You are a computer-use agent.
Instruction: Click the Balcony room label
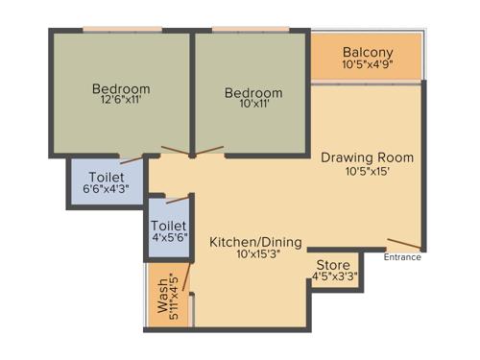pyautogui.click(x=369, y=52)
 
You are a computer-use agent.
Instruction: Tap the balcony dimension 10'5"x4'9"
pyautogui.click(x=369, y=65)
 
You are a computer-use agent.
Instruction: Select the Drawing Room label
pyautogui.click(x=354, y=157)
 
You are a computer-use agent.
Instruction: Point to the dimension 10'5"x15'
pyautogui.click(x=354, y=172)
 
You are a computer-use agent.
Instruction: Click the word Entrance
pyautogui.click(x=402, y=257)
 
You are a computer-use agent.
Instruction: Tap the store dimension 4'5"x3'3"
pyautogui.click(x=336, y=278)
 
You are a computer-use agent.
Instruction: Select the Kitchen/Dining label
pyautogui.click(x=255, y=241)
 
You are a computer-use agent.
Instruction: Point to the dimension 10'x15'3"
pyautogui.click(x=255, y=254)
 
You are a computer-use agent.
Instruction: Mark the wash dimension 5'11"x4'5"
pyautogui.click(x=175, y=299)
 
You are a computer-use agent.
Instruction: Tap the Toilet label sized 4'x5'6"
pyautogui.click(x=169, y=225)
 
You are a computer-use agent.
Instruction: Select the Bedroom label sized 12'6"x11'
pyautogui.click(x=123, y=88)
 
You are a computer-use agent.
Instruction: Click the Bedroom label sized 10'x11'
pyautogui.click(x=253, y=93)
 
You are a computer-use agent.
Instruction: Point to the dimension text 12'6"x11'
pyautogui.click(x=123, y=100)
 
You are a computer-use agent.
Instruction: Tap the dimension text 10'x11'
pyautogui.click(x=253, y=106)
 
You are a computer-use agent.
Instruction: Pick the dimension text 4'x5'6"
pyautogui.click(x=169, y=238)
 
